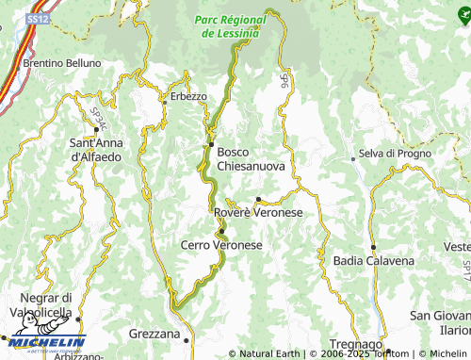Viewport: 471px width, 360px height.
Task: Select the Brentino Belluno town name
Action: [x=62, y=63]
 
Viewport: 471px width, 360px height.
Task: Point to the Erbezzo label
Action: [x=188, y=96]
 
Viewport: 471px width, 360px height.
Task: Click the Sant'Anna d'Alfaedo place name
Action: [x=95, y=149]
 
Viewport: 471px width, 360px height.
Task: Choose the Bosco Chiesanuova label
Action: [x=251, y=157]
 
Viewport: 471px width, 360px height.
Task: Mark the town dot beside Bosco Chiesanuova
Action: [x=211, y=144]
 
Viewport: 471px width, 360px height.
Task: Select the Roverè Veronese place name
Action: [x=258, y=213]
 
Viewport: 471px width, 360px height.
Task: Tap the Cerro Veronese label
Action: [x=220, y=245]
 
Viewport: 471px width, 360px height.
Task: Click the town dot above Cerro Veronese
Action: [x=221, y=231]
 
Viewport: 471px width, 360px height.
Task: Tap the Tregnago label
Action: [x=356, y=345]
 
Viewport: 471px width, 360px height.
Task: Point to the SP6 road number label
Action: [x=283, y=83]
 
